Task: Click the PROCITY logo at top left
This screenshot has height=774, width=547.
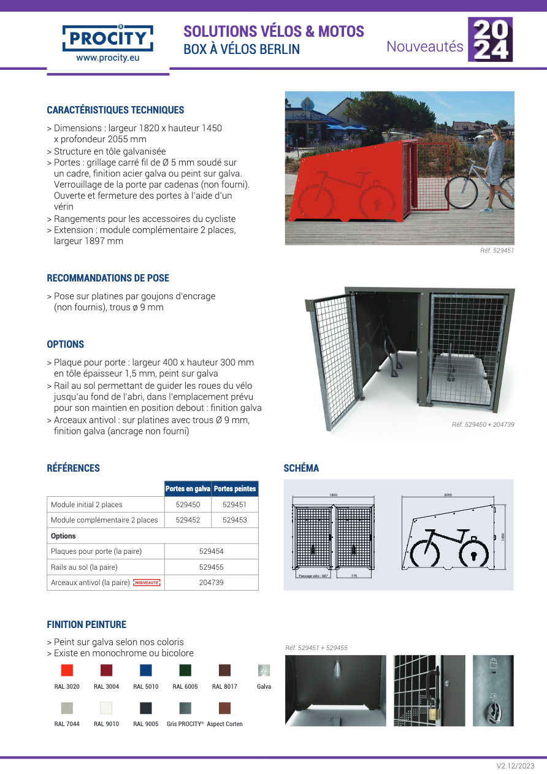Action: click(108, 37)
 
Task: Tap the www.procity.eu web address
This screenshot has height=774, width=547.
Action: click(108, 58)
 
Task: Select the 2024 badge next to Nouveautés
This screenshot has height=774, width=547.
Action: click(490, 39)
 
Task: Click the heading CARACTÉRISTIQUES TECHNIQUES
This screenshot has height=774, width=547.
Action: click(115, 110)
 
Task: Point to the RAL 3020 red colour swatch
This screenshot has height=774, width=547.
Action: click(67, 670)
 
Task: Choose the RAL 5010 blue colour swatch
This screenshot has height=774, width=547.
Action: click(145, 670)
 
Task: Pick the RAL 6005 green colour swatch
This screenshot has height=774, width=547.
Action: click(185, 670)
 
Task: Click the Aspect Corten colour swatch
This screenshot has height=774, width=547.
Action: click(224, 708)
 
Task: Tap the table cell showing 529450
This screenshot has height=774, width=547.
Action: click(188, 505)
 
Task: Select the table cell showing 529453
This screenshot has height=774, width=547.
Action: click(234, 520)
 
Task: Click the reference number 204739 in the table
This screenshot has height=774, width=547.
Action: click(211, 583)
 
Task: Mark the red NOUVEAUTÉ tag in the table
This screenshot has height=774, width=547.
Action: click(147, 583)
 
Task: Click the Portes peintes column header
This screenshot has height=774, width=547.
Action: click(235, 489)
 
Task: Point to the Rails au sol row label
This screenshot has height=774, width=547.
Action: click(84, 567)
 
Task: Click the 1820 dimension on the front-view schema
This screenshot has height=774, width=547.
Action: click(334, 494)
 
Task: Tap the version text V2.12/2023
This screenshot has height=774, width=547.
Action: click(515, 765)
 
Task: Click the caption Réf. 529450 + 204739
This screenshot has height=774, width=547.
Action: click(483, 424)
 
